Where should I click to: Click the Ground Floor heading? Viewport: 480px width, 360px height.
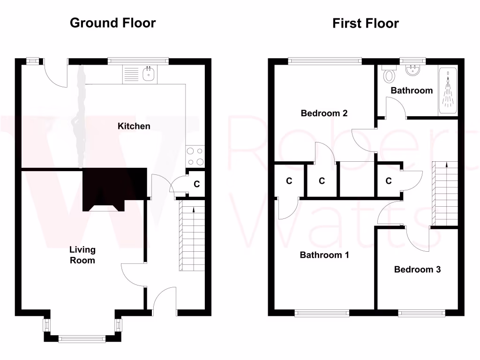click(112, 22)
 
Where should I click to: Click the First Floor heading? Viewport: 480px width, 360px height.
click(366, 23)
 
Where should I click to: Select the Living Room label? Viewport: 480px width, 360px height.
click(82, 255)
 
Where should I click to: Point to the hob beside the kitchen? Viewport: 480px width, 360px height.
click(195, 157)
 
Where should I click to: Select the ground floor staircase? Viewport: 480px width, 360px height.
click(192, 237)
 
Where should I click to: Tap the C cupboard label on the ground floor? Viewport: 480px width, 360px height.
click(197, 184)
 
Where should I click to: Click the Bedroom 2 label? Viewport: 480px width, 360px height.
click(324, 113)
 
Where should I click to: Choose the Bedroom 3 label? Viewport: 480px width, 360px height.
click(417, 270)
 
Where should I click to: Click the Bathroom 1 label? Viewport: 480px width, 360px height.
click(324, 255)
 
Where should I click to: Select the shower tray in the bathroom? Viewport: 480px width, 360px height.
click(448, 91)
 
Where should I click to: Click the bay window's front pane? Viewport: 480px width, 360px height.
click(82, 337)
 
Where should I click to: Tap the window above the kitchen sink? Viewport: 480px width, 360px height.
click(138, 60)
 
